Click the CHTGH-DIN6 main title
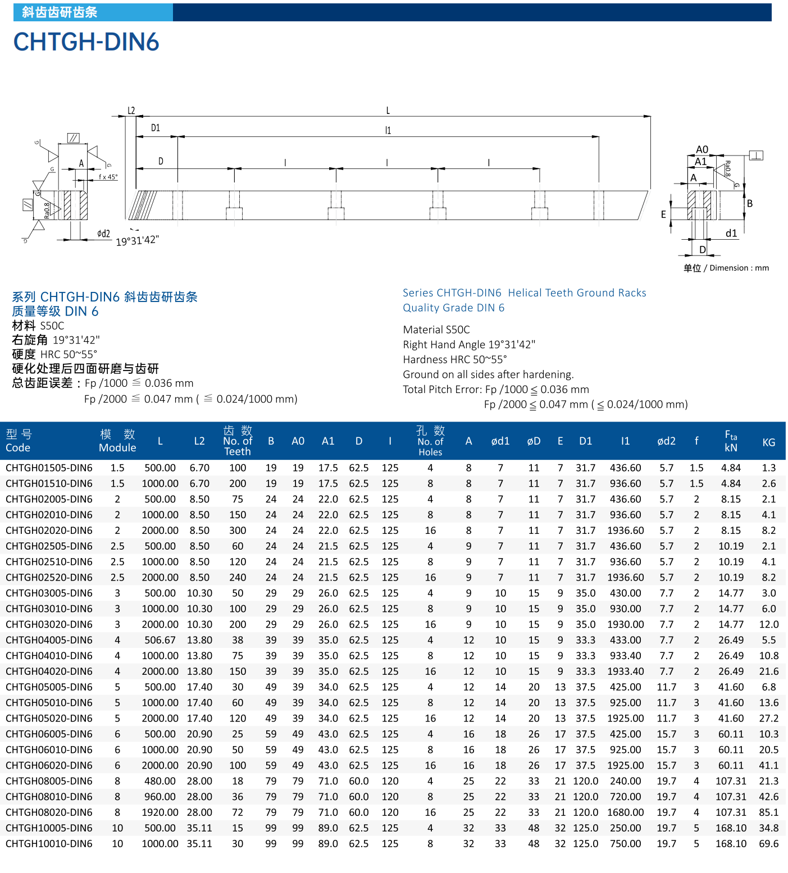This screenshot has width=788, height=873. [86, 42]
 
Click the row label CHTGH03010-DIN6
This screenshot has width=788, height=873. [49, 609]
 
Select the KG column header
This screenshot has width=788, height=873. [768, 442]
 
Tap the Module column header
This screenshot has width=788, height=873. [117, 441]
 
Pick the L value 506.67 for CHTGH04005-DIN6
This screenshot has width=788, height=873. [160, 640]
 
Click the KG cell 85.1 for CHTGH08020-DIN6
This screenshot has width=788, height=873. [768, 812]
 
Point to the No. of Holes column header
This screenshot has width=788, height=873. [430, 441]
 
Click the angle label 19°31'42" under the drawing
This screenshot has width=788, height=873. [138, 240]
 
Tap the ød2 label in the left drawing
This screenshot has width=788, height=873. [104, 234]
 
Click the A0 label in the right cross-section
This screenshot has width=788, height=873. [702, 149]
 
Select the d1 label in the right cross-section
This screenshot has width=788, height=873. [731, 233]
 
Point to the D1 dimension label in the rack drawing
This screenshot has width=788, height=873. [156, 128]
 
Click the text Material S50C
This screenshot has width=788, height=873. [436, 330]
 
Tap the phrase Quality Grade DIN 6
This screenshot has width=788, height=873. [453, 308]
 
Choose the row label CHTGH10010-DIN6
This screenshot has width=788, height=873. [49, 844]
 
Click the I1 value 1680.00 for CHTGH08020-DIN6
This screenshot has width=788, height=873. [625, 812]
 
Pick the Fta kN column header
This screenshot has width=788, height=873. [731, 441]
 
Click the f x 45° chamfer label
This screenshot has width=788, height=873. [108, 177]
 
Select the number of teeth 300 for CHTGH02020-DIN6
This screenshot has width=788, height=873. [238, 531]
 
